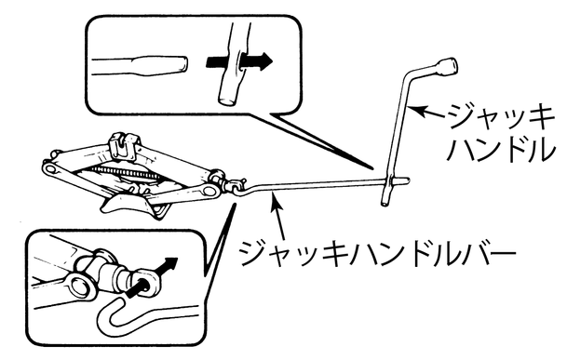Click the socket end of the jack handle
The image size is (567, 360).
[447, 66]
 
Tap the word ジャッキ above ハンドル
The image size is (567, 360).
[501, 117]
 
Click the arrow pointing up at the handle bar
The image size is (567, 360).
[279, 216]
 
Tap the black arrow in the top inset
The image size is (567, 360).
[238, 60]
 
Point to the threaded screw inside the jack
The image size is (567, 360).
[123, 172]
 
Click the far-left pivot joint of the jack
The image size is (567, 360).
[50, 168]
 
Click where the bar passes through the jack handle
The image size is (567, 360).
[391, 180]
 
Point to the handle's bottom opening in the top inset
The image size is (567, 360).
[227, 100]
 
